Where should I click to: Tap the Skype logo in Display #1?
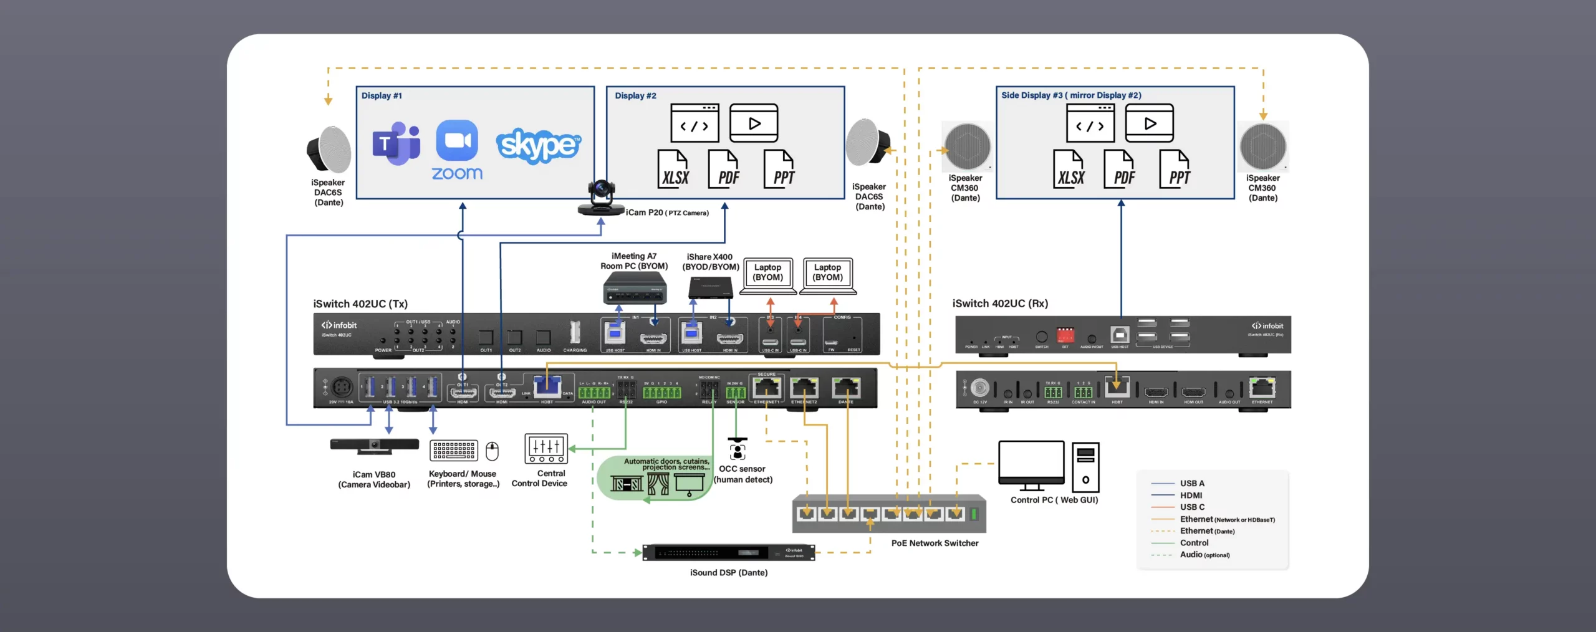pyautogui.click(x=538, y=146)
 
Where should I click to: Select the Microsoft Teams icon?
pyautogui.click(x=396, y=144)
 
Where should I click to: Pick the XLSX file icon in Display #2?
pyautogui.click(x=674, y=170)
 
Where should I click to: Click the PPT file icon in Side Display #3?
pyautogui.click(x=1175, y=170)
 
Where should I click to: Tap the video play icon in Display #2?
pyautogui.click(x=754, y=123)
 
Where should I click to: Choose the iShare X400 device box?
pyautogui.click(x=710, y=288)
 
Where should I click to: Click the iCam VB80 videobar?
pyautogui.click(x=374, y=445)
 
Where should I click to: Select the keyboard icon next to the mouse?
pyautogui.click(x=454, y=450)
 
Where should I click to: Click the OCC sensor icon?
pyautogui.click(x=738, y=449)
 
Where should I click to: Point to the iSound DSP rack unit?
pyautogui.click(x=729, y=552)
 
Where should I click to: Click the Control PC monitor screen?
pyautogui.click(x=1031, y=462)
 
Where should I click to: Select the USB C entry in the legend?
pyautogui.click(x=1192, y=507)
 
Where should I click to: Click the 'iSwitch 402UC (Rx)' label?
pyautogui.click(x=1000, y=304)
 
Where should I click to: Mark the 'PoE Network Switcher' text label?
pyautogui.click(x=935, y=543)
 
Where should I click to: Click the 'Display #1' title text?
pyautogui.click(x=382, y=96)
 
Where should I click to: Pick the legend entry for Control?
pyautogui.click(x=1194, y=543)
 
